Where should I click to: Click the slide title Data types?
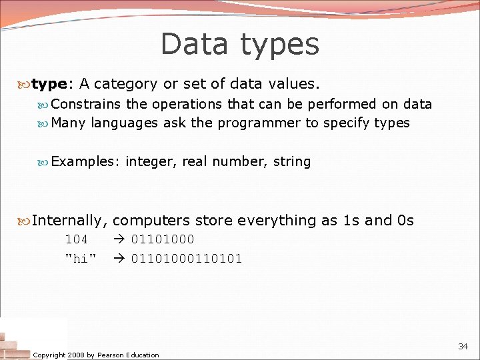tap(240, 44)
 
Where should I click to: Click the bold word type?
tap(49, 84)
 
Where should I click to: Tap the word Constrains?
tap(86, 104)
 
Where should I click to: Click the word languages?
tap(125, 123)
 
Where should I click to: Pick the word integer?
tap(149, 161)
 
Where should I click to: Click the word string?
tap(292, 161)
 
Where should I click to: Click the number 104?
tap(76, 239)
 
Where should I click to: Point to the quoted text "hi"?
tap(80, 259)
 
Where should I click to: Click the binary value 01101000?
tap(163, 239)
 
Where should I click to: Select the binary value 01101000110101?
tap(187, 259)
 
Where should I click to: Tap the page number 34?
tap(463, 346)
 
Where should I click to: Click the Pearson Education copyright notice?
tap(96, 355)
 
